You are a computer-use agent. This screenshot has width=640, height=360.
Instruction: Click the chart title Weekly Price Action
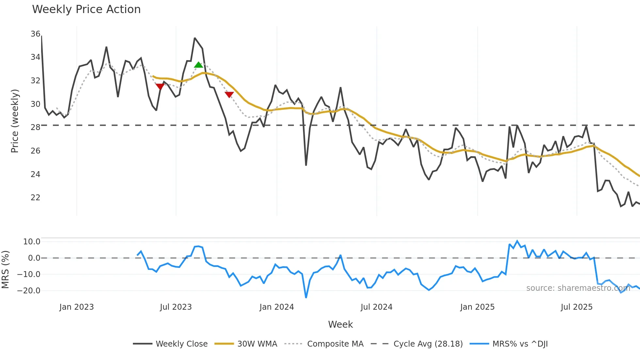pos(86,9)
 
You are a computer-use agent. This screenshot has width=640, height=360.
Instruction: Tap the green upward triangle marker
pos(198,65)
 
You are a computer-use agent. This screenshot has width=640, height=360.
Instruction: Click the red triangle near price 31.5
pos(160,87)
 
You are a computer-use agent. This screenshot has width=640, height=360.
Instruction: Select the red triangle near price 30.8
pos(229,95)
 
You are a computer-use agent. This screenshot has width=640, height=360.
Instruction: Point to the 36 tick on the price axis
pos(35,34)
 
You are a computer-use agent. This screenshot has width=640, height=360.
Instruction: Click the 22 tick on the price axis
pos(35,198)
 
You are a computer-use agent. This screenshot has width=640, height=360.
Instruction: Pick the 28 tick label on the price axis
pos(35,127)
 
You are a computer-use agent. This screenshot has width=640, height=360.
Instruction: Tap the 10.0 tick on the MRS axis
pos(32,242)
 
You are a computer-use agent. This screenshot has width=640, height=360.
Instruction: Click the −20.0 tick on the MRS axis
pos(29,291)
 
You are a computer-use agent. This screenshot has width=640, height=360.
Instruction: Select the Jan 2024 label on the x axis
pos(277,307)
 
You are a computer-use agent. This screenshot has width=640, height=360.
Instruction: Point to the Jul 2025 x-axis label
pos(576,307)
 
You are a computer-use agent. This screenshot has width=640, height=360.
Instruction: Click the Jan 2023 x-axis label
pos(76,307)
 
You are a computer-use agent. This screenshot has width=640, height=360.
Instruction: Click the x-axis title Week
pos(340,324)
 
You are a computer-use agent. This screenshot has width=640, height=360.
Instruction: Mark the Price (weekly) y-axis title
pos(15,121)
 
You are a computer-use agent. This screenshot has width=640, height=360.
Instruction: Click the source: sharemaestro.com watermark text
pos(578,288)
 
